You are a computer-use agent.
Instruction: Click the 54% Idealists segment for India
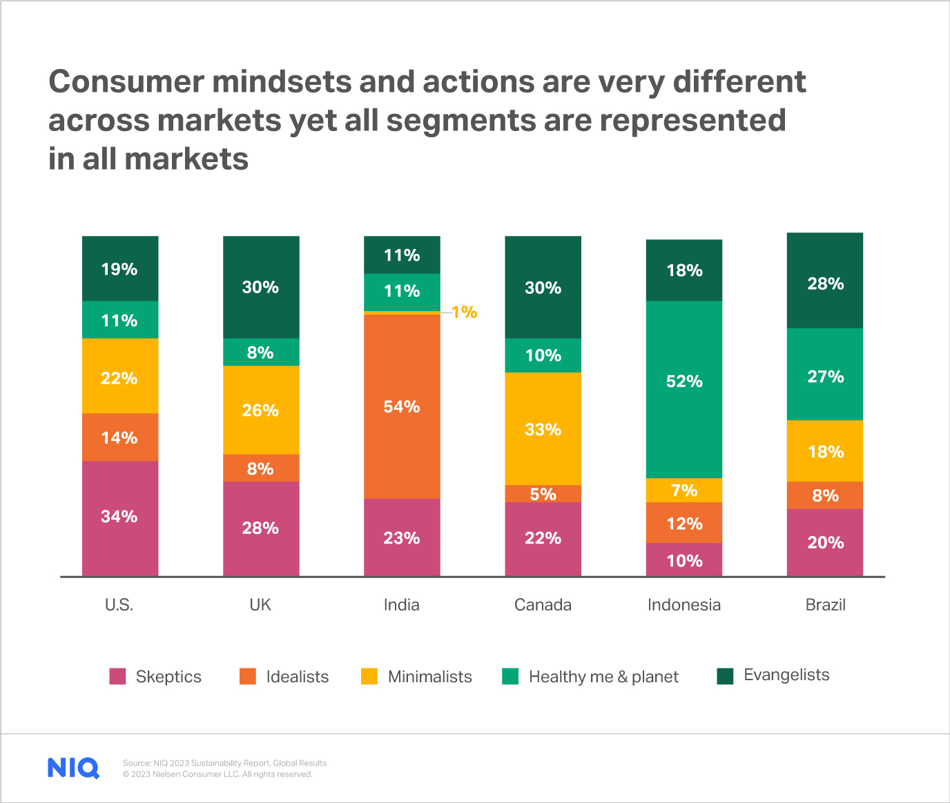402,406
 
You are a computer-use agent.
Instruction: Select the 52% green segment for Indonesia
684,389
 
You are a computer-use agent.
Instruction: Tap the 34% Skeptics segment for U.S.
119,517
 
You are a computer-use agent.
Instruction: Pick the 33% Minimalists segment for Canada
543,429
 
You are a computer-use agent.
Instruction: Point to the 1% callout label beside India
465,313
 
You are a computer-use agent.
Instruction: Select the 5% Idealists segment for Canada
543,494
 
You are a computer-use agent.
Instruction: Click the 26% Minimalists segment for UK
260,410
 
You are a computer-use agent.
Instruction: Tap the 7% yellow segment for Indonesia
684,490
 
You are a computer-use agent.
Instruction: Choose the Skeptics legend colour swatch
117,676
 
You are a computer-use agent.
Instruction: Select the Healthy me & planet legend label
603,677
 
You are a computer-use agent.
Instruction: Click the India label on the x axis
402,605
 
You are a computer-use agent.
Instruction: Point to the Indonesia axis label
684,605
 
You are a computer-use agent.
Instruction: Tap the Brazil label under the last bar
825,605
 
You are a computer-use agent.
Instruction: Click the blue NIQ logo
73,768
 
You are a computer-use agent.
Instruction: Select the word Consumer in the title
126,82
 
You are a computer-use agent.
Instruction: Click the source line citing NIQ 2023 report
224,763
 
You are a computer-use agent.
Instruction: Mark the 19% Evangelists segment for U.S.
119,269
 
